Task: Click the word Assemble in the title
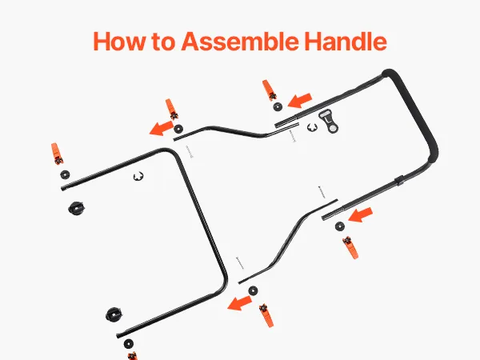239,42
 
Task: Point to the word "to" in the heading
163,42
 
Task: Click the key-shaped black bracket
329,122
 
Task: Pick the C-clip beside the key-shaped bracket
312,128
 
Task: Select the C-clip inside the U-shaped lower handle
138,176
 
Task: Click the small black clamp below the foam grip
398,181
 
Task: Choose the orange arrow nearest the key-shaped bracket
300,101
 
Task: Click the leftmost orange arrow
162,128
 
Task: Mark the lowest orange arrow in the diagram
239,303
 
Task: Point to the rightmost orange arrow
360,214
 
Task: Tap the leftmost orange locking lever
57,154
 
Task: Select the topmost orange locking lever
269,90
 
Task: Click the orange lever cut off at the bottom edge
132,356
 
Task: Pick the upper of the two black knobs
76,209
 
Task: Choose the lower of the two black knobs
114,314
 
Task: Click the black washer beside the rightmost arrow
340,226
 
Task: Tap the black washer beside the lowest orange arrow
253,290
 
